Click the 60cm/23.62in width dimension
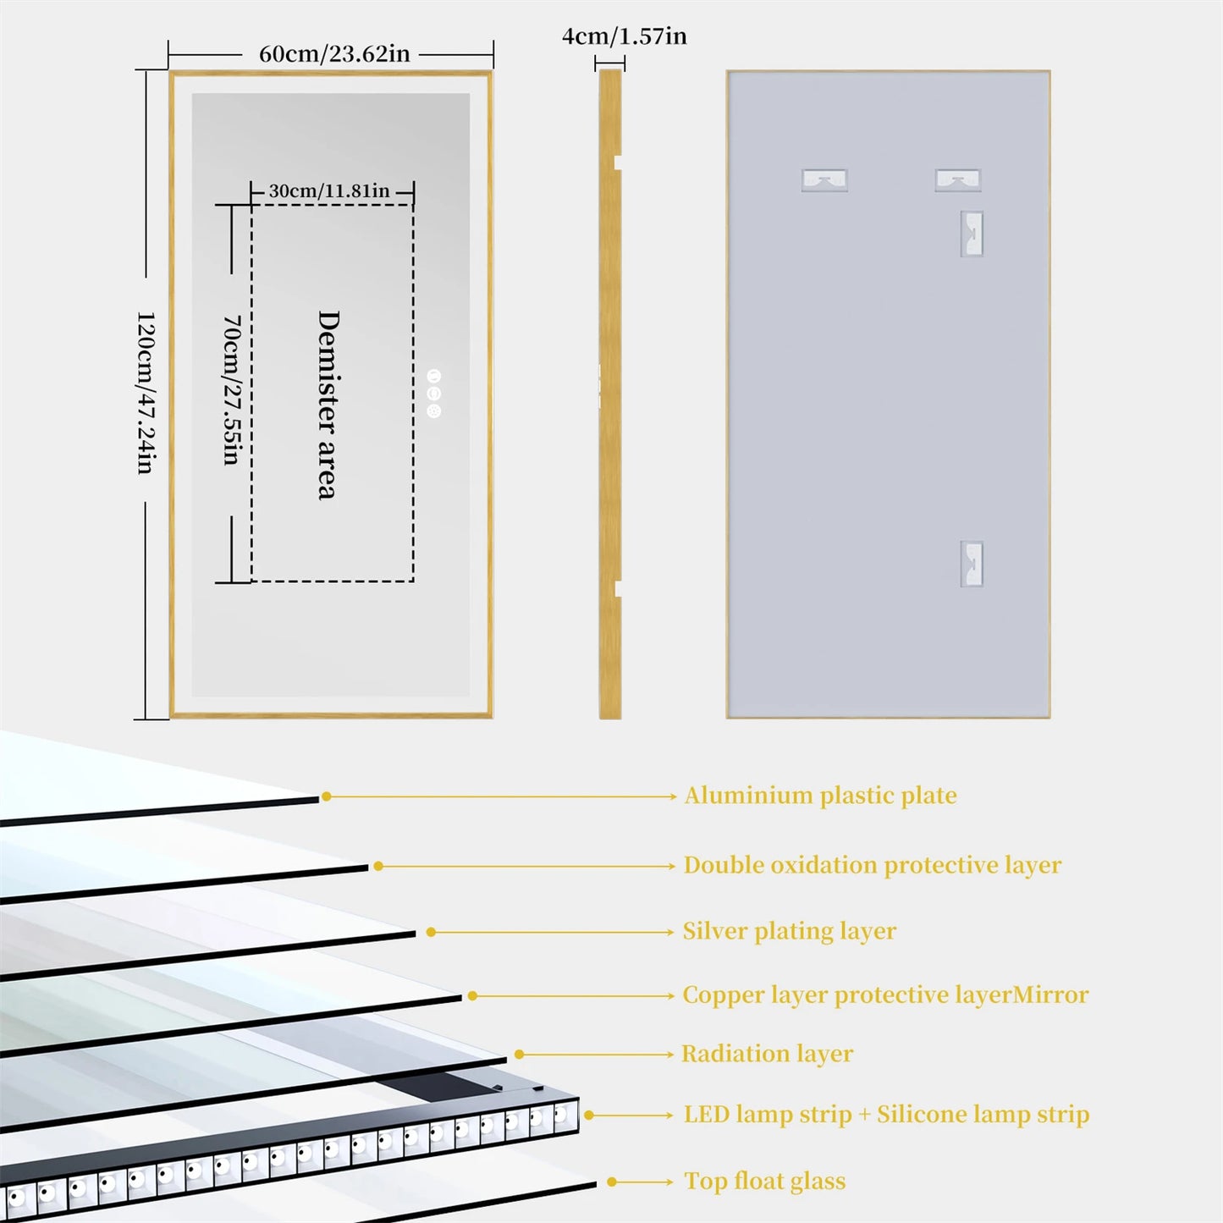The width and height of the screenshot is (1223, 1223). point(333,54)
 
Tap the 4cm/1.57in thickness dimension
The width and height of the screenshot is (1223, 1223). point(624,36)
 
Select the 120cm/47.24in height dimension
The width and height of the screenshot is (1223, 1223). point(146,392)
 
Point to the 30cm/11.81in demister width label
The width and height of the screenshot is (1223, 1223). point(329,191)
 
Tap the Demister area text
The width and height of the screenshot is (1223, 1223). point(328,405)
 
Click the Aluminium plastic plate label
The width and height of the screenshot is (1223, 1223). point(820,796)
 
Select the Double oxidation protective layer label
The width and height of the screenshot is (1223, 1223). point(872,865)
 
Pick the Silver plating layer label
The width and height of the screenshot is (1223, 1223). point(789,931)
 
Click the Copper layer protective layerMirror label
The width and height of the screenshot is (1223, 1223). point(885,994)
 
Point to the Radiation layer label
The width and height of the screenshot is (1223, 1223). point(767,1054)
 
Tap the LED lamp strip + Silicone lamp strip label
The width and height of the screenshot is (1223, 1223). point(886,1115)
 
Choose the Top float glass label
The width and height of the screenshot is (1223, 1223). point(764,1182)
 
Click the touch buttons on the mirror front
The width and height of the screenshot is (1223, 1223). point(434,394)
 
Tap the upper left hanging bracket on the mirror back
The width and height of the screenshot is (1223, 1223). point(824,179)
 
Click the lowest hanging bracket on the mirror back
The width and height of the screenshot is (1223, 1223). point(972,564)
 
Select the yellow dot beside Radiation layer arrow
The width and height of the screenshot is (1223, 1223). point(520,1055)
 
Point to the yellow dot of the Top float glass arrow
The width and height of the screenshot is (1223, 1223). point(612,1182)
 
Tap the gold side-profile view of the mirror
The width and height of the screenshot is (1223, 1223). point(610,394)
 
